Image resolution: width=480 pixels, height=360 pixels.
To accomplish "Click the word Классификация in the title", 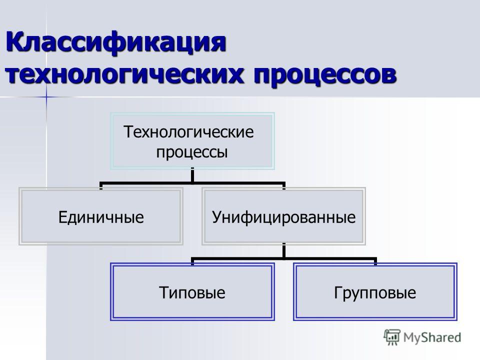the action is click(x=116, y=42).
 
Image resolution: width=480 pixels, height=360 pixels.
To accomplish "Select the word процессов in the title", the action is click(x=325, y=75).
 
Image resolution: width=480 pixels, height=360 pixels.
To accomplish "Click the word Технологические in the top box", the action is click(x=188, y=132).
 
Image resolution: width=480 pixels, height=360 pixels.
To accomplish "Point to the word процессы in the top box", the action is click(x=192, y=152).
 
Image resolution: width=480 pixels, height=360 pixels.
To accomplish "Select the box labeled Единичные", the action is click(x=101, y=216).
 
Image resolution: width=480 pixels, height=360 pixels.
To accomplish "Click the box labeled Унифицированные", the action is click(x=284, y=216).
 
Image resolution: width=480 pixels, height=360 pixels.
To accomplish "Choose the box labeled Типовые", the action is click(x=192, y=291).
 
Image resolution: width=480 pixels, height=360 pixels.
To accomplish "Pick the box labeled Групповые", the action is click(x=375, y=291).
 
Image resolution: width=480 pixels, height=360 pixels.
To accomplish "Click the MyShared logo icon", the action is click(x=392, y=337).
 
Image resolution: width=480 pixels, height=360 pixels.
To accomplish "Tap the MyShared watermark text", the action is click(x=432, y=337).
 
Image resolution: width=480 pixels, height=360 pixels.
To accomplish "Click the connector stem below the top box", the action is click(x=192, y=176).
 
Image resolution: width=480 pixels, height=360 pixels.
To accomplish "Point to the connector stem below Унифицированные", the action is click(x=284, y=251).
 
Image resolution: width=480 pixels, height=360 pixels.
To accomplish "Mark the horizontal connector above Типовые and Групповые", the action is click(x=284, y=259).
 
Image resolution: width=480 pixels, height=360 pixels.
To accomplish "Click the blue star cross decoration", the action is click(x=46, y=97).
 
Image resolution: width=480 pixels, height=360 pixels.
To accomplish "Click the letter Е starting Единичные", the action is click(x=63, y=217).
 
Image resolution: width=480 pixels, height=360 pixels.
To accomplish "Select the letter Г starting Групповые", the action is click(x=337, y=292).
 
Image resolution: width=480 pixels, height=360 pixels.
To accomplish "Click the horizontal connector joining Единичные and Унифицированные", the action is click(x=192, y=183).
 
